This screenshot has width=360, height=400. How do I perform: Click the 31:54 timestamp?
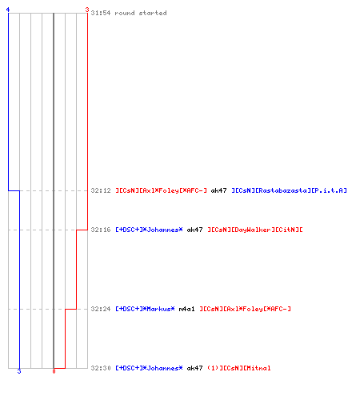click(101, 13)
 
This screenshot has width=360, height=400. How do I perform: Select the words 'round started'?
click(141, 13)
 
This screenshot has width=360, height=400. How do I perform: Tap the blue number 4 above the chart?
click(8, 10)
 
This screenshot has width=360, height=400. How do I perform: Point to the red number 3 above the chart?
click(87, 10)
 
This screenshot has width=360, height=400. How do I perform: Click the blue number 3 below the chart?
click(19, 371)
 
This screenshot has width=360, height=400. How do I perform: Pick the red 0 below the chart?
click(54, 371)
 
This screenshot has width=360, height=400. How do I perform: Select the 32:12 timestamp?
click(101, 190)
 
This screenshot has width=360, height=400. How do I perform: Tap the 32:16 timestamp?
click(101, 230)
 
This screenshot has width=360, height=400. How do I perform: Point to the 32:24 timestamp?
click(101, 309)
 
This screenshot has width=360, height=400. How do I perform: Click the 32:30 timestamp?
click(101, 368)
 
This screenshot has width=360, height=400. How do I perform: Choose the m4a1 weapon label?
click(186, 309)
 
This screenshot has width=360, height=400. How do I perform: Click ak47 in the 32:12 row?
click(218, 190)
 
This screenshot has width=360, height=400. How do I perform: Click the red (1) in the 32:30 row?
click(213, 368)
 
